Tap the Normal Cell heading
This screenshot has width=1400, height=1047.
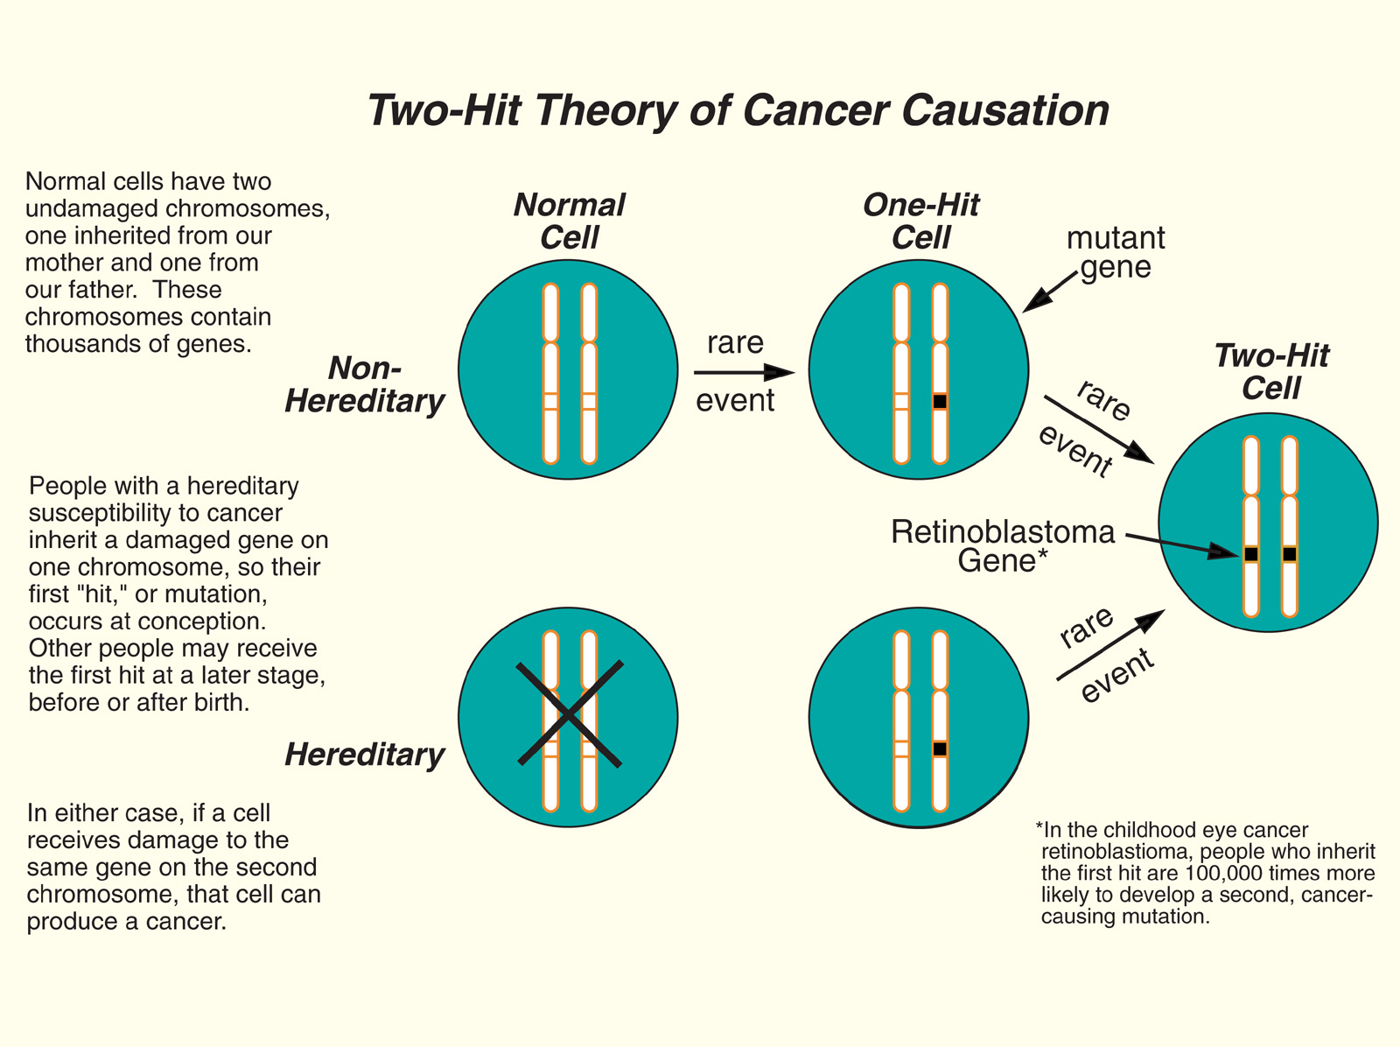coord(570,221)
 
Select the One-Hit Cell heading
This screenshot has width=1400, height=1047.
coord(920,221)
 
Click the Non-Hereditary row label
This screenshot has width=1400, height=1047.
coord(365,384)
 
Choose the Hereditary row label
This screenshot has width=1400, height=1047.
coord(365,755)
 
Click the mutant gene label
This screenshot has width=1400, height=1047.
coord(1116,252)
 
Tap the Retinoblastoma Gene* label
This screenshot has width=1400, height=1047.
coord(1003,545)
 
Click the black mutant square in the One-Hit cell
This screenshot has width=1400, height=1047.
coord(940,402)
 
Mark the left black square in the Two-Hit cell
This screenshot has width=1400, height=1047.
coord(1251,554)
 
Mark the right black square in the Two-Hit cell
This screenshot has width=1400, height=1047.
coord(1290,554)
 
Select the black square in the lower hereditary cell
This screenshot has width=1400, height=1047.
coord(940,749)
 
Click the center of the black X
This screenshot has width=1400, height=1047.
coord(570,715)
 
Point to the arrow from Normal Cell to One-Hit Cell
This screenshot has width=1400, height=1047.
coord(744,373)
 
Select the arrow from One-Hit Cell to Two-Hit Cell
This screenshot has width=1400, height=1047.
coord(1098,429)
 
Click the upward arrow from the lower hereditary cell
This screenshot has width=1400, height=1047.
coord(1111,644)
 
